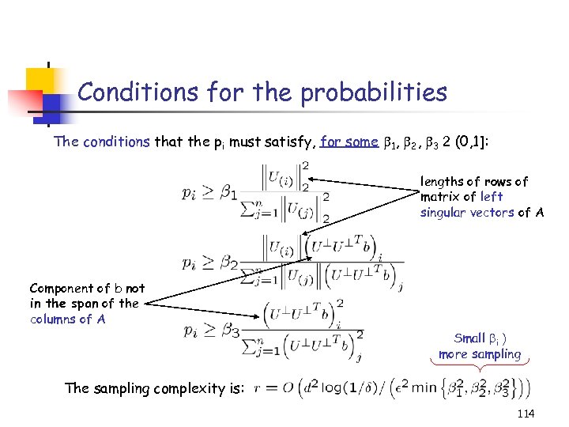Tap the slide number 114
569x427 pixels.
(526, 414)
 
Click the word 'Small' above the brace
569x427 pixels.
(469, 338)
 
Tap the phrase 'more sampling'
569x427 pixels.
(480, 354)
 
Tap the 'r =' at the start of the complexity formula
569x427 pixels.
(265, 389)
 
